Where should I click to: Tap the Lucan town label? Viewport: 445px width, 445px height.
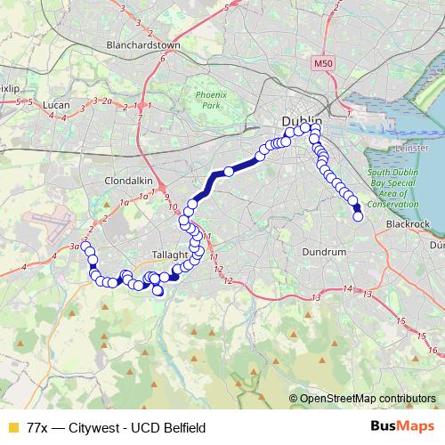(57, 104)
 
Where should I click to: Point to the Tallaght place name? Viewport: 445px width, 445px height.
(147, 254)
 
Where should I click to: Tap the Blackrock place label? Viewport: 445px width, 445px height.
(409, 224)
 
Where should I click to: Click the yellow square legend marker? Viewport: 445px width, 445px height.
(12, 426)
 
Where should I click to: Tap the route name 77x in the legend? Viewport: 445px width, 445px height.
(37, 426)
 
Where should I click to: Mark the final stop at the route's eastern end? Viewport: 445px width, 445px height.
(359, 216)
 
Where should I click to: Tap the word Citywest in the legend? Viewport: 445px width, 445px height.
(101, 426)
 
